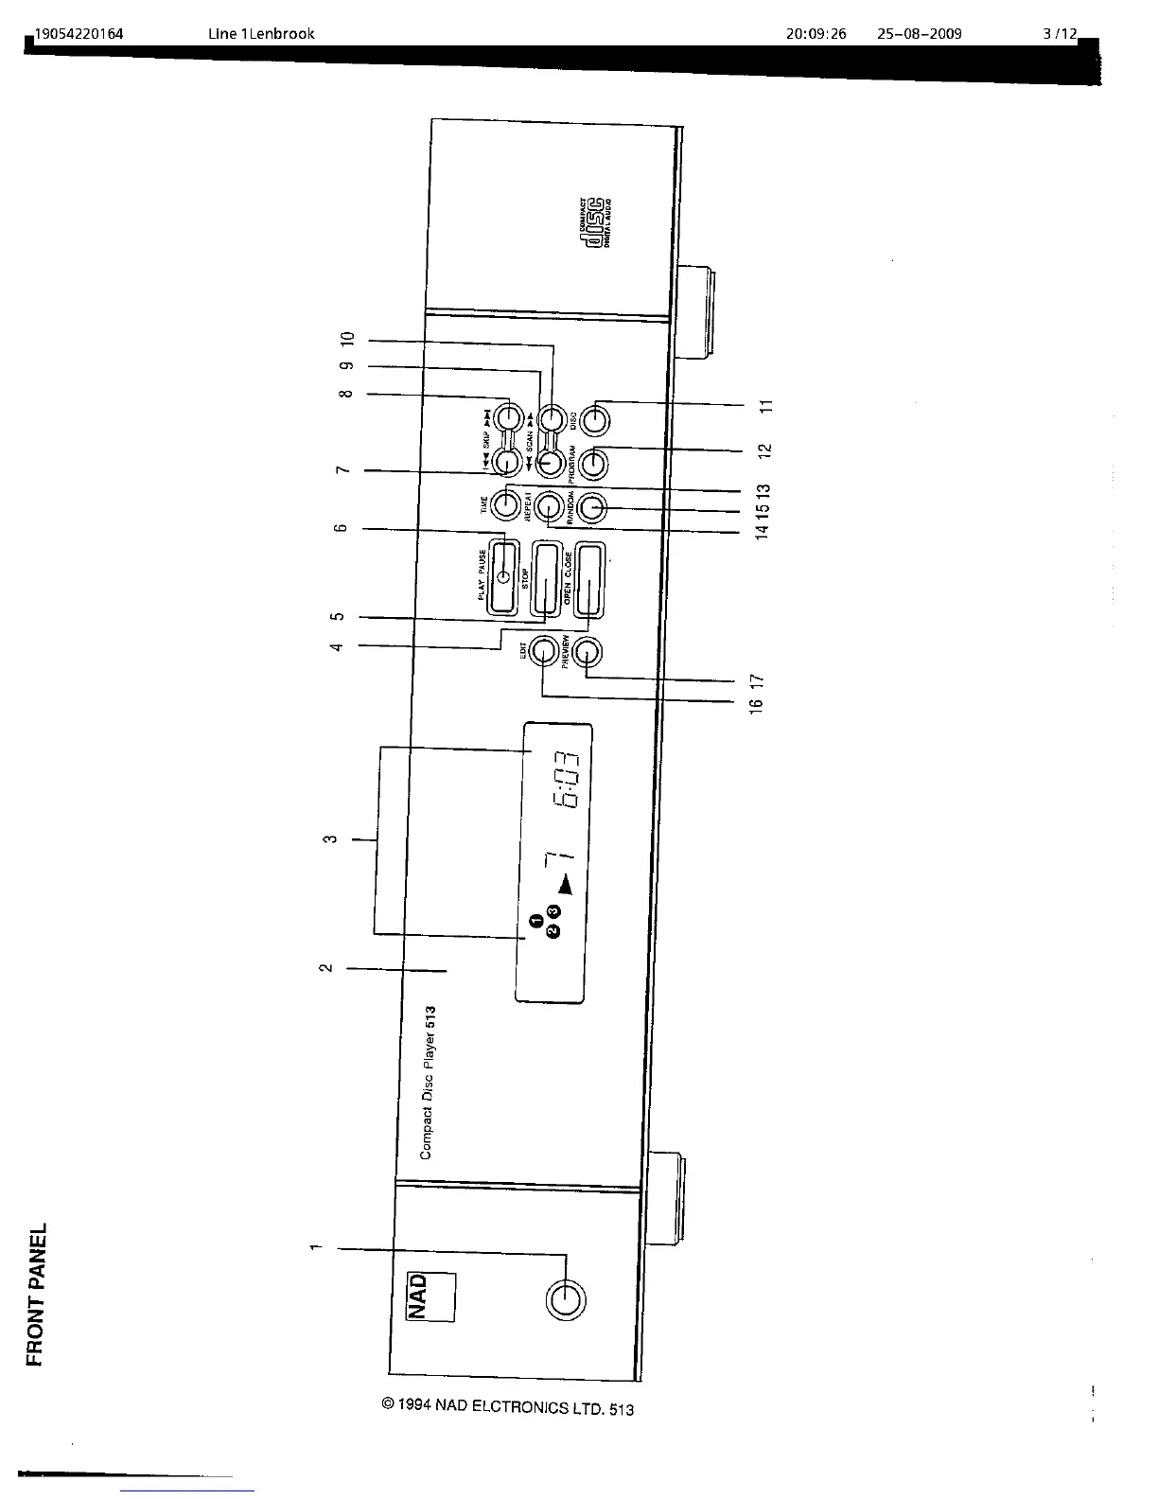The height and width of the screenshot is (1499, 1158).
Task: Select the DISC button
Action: coord(594,418)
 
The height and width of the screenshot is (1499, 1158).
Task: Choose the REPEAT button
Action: coord(549,508)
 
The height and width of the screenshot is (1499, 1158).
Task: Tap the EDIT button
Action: coord(543,651)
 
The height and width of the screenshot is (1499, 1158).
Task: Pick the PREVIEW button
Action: coord(588,653)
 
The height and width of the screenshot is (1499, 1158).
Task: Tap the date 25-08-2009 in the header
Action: coord(919,34)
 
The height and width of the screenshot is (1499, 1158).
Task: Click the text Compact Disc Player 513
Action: coord(427,1083)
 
